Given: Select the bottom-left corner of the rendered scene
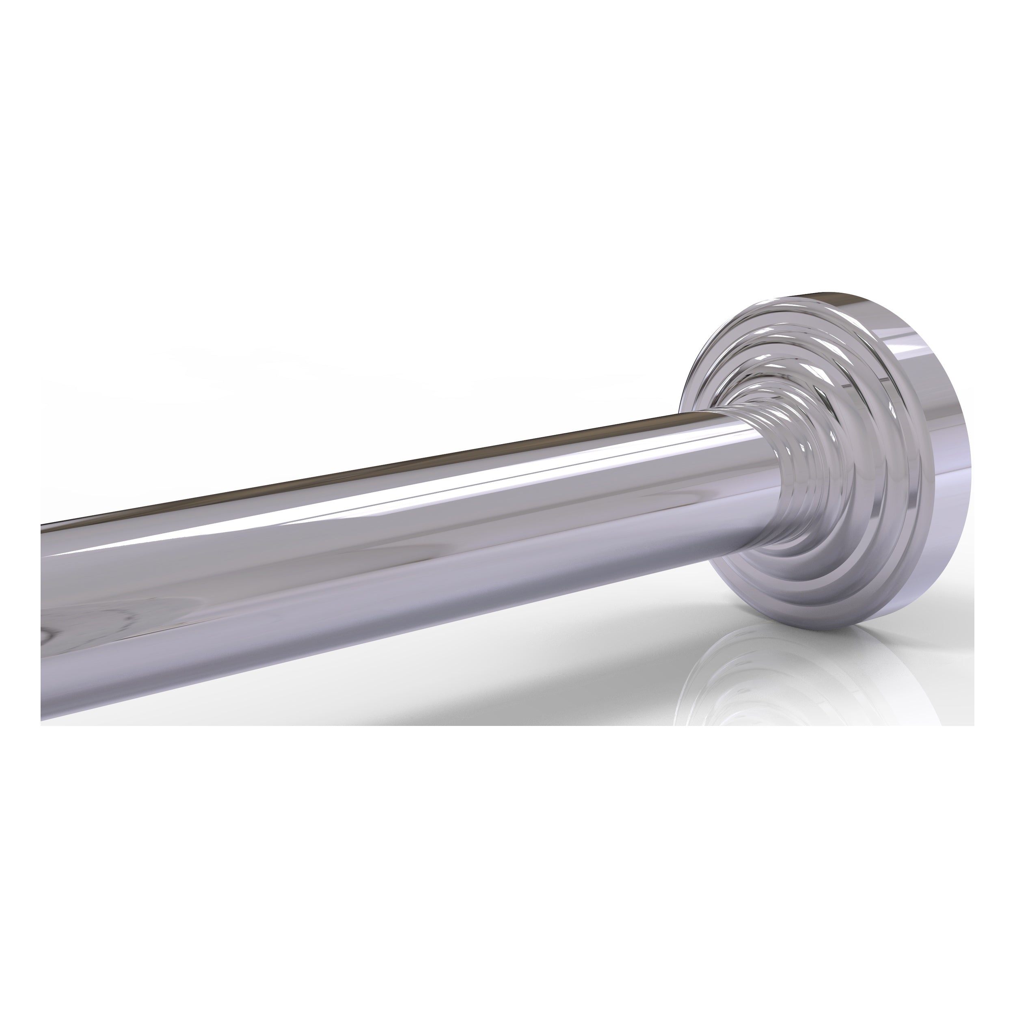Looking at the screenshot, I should click(41, 725).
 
